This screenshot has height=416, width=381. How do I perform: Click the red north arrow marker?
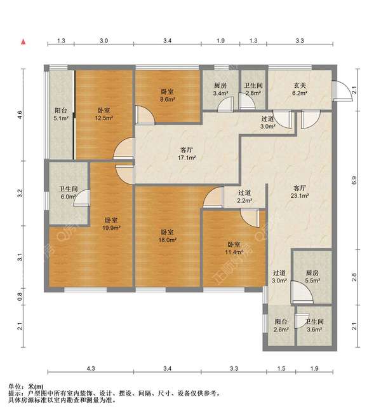click(23, 41)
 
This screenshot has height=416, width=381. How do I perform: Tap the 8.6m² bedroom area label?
click(168, 95)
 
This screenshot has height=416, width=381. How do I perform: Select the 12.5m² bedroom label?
click(104, 114)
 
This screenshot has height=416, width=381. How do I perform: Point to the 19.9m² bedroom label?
click(112, 224)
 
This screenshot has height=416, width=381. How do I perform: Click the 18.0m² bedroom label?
click(168, 236)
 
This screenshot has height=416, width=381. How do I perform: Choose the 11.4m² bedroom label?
click(234, 248)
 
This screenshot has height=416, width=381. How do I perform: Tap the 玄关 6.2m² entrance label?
click(300, 89)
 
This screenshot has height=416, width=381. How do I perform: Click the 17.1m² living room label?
click(187, 154)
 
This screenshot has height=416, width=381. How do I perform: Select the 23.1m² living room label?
click(300, 192)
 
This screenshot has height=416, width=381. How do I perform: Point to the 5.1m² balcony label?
click(61, 114)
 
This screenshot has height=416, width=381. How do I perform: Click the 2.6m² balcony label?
click(281, 326)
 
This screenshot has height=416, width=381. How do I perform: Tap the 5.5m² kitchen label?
click(312, 277)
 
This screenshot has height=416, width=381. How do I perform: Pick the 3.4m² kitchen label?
click(220, 89)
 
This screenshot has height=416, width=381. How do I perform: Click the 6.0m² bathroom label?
click(68, 193)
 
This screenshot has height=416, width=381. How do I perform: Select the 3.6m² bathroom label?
click(314, 326)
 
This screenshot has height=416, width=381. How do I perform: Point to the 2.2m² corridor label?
click(244, 197)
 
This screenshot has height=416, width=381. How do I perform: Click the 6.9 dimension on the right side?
click(354, 180)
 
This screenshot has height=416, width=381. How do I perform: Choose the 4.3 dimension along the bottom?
click(91, 368)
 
